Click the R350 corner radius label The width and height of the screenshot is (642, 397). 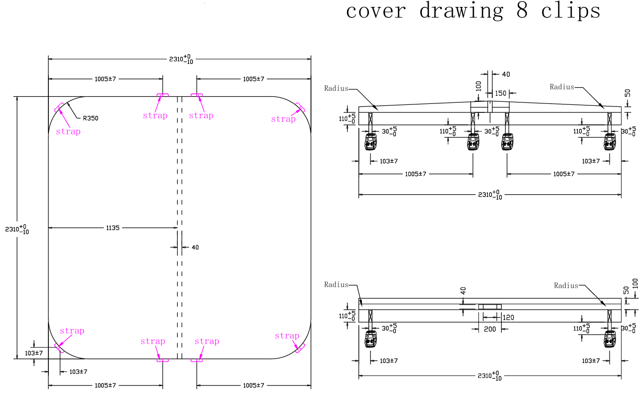tap(90, 118)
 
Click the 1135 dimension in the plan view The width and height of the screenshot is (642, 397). tap(113, 228)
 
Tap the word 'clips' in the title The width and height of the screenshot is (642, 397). tap(571, 10)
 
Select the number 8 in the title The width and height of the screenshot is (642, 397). tap(522, 10)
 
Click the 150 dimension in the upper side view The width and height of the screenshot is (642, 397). tap(500, 93)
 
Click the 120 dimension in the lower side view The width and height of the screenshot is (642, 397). tap(508, 317)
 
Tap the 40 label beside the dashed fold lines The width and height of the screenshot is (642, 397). tap(195, 247)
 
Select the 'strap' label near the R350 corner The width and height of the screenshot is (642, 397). tap(68, 132)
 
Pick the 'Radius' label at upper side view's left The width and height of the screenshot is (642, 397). tap(336, 88)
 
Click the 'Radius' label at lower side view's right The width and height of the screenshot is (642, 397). tap(566, 286)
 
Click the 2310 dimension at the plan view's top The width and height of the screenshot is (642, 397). tap(181, 59)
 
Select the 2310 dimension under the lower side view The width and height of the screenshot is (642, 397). tap(490, 376)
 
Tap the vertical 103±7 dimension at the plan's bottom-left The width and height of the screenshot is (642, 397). tap(34, 353)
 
